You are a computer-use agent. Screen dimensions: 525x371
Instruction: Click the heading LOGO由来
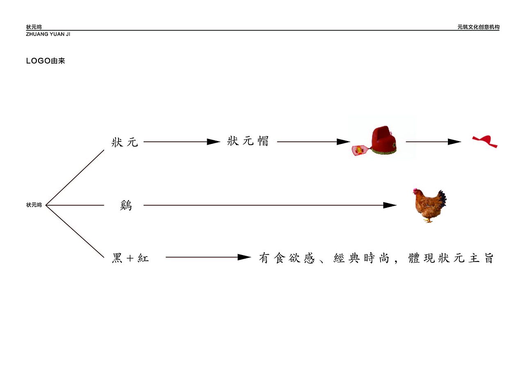(x=46, y=61)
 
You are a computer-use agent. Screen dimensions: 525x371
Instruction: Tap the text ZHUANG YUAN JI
(x=48, y=34)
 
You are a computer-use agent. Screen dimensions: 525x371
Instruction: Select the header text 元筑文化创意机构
(x=478, y=27)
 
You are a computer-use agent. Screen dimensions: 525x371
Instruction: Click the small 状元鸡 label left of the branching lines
(x=34, y=205)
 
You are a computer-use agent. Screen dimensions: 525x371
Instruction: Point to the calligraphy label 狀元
(x=125, y=142)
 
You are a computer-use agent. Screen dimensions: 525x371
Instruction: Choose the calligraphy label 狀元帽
(x=248, y=141)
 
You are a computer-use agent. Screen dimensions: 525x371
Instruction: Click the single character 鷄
(x=126, y=206)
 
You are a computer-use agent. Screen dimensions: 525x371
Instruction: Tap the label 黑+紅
(x=130, y=258)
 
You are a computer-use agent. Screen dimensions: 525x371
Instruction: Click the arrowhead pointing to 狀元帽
(x=214, y=142)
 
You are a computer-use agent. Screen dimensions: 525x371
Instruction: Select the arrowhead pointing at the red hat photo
(x=343, y=142)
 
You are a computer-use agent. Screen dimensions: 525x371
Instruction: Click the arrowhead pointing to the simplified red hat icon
(x=454, y=142)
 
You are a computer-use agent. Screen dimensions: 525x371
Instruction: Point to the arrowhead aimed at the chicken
(x=390, y=205)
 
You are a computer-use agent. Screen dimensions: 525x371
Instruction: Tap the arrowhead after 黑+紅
(x=244, y=257)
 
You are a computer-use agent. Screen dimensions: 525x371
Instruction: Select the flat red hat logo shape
(x=485, y=141)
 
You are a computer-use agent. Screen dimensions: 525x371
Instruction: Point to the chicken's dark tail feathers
(x=443, y=198)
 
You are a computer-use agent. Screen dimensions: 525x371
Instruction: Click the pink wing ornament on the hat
(x=358, y=150)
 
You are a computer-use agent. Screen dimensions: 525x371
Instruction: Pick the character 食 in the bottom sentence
(x=280, y=258)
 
